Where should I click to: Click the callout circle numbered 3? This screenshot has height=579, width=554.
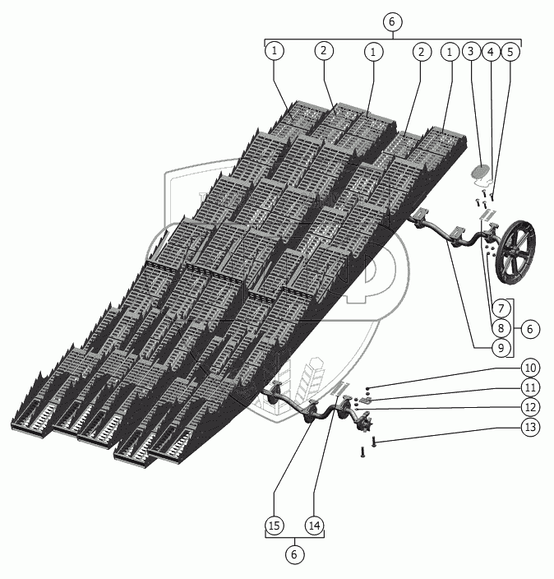(471, 51)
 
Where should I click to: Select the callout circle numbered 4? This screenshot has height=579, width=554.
(491, 52)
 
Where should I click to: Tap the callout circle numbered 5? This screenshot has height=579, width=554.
(510, 52)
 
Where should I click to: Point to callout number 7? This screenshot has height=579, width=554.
(501, 308)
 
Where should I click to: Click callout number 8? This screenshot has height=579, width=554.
(501, 328)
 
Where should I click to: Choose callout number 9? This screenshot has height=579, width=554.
(501, 347)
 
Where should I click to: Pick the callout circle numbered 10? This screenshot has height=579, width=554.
(530, 368)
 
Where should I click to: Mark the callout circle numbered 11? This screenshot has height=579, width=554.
(530, 387)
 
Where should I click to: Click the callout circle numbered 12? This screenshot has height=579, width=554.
(530, 407)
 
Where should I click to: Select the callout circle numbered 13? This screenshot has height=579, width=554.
(530, 427)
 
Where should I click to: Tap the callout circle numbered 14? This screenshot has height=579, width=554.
(314, 525)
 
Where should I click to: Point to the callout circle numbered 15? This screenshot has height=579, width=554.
(275, 525)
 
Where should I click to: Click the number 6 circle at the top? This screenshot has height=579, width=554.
(391, 21)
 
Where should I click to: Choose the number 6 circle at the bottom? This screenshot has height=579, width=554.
(294, 554)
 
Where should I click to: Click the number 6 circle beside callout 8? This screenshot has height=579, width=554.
(530, 329)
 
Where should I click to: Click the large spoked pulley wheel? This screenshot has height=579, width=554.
(516, 252)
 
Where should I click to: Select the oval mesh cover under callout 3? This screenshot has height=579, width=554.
(480, 171)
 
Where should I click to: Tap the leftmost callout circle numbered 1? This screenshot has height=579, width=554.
(275, 51)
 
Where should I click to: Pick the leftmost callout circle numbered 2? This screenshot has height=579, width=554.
(324, 51)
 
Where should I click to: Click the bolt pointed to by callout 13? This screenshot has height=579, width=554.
(373, 442)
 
